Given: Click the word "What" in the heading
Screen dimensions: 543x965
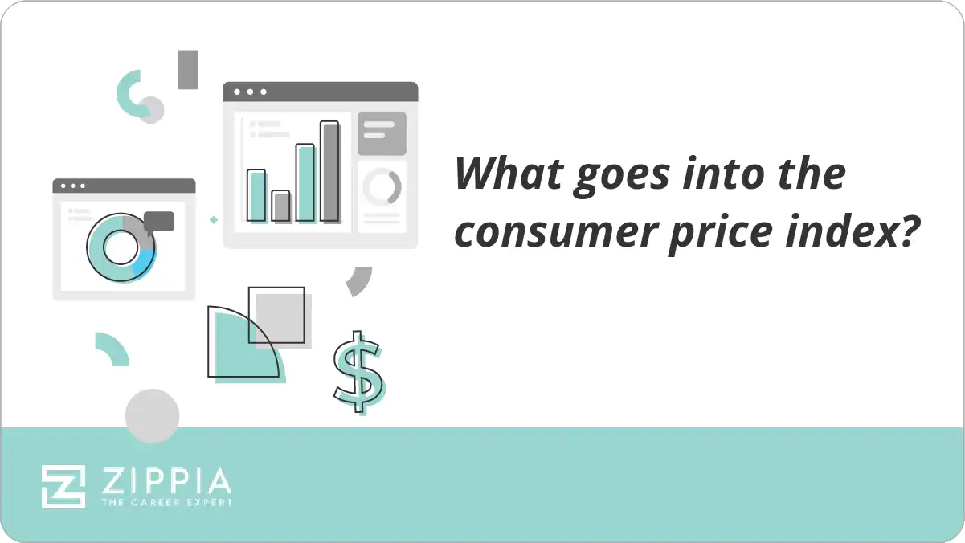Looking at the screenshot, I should (505, 174).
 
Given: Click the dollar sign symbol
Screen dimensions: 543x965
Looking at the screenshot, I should (358, 372).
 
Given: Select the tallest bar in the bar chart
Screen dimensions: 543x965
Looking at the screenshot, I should (329, 171).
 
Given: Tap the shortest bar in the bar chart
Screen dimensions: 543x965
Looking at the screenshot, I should (280, 206).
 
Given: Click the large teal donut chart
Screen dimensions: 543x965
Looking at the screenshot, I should (120, 248).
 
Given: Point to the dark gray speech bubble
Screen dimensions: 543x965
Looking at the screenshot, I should (159, 221).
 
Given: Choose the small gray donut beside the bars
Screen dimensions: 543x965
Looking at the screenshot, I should (382, 187).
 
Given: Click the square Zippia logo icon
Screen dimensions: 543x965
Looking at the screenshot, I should (63, 486).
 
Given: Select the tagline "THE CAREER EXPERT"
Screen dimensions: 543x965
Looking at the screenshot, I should (166, 502).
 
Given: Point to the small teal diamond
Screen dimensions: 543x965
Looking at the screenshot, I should (214, 219).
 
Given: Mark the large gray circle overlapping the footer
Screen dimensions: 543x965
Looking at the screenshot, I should (152, 416).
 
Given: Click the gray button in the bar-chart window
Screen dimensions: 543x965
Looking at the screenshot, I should (382, 133).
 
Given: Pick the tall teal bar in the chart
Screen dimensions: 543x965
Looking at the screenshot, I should (305, 182).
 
